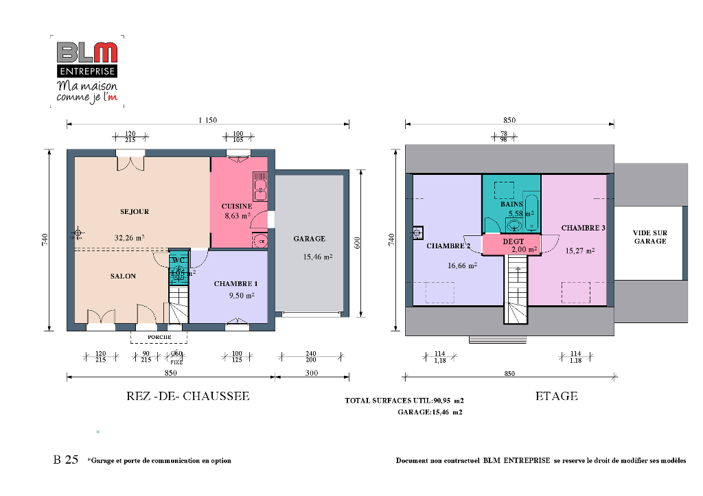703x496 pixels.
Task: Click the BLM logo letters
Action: click(x=87, y=53)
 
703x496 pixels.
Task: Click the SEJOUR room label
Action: click(x=135, y=212)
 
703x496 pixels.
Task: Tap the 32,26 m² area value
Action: click(x=129, y=238)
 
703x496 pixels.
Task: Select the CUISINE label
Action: click(x=237, y=206)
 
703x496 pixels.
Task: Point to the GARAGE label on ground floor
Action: click(x=309, y=239)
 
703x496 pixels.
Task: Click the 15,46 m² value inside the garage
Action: click(x=318, y=257)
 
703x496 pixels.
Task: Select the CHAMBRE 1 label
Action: click(x=235, y=283)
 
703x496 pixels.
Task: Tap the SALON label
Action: click(x=123, y=276)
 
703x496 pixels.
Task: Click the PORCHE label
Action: click(x=159, y=337)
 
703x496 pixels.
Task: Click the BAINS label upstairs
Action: click(x=511, y=204)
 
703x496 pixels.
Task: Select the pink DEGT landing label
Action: click(x=513, y=241)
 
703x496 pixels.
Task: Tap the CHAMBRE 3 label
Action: click(x=583, y=228)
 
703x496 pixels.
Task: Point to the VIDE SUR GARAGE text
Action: click(x=649, y=237)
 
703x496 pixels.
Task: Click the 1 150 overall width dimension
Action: click(x=207, y=120)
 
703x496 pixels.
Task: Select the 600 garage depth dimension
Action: click(x=358, y=244)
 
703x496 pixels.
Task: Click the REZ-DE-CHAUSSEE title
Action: click(x=187, y=397)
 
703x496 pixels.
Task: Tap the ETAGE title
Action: click(x=556, y=396)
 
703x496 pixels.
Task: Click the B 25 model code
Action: click(x=66, y=460)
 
